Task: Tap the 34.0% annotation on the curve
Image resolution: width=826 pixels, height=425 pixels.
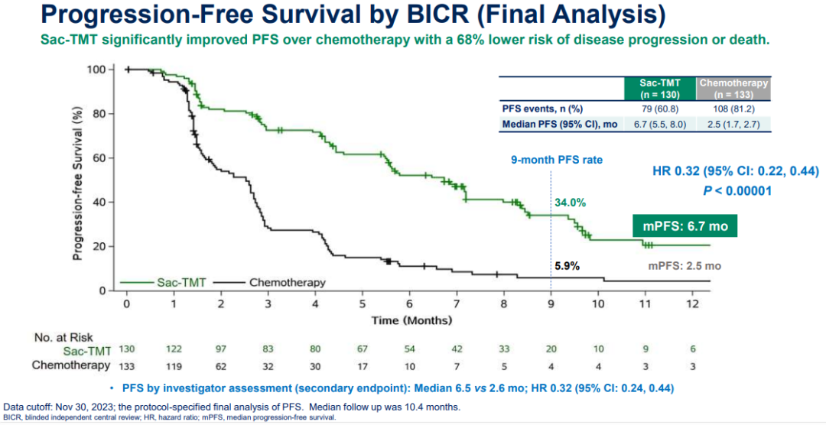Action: tap(570, 203)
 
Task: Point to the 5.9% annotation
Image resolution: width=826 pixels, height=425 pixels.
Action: tap(567, 266)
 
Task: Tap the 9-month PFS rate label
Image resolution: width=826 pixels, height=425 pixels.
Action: tap(557, 160)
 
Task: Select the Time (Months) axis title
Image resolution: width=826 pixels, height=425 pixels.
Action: tap(411, 320)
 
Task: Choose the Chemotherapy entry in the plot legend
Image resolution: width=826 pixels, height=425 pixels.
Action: tap(287, 282)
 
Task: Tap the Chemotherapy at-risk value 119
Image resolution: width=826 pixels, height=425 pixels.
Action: tap(174, 365)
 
